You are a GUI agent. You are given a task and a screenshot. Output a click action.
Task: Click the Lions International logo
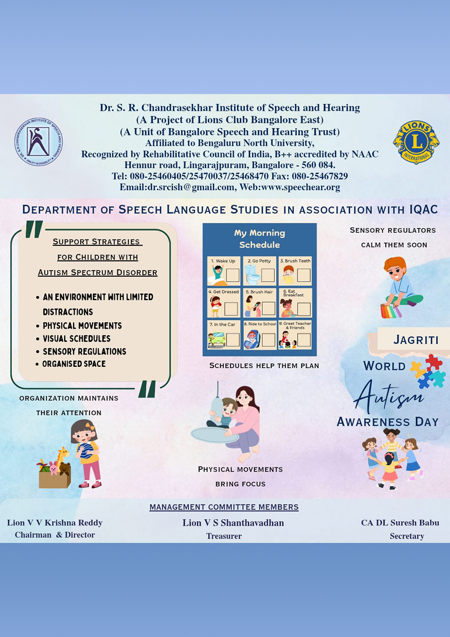(x=416, y=142)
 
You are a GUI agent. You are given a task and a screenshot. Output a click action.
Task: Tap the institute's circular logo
(x=38, y=142)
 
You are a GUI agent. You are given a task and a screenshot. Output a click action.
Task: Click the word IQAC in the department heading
(x=423, y=210)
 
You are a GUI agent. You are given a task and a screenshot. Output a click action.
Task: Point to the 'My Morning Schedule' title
(x=259, y=239)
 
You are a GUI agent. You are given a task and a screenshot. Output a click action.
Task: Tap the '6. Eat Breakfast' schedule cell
(x=295, y=303)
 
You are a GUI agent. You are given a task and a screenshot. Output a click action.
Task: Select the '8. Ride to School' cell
(x=259, y=334)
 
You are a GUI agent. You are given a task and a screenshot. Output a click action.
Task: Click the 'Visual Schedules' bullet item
(x=76, y=339)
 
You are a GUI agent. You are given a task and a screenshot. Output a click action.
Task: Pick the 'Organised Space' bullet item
(x=74, y=364)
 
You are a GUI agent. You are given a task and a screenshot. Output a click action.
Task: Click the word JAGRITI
(x=416, y=340)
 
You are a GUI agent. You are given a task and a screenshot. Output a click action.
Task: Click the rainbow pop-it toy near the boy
(x=391, y=311)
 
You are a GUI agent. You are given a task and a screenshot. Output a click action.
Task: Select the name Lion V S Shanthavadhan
(x=233, y=523)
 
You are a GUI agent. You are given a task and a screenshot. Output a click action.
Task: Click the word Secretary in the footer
(x=407, y=536)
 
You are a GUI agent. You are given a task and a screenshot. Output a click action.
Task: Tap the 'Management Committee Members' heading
(x=224, y=507)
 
